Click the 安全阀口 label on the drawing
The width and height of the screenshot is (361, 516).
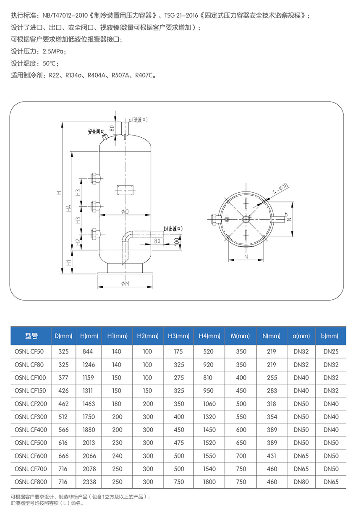point(96,131)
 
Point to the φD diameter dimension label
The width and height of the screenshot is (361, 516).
point(125,212)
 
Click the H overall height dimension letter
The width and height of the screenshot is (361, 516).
point(59,193)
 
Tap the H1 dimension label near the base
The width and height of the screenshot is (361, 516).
point(69,263)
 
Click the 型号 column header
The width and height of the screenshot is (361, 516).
point(31,336)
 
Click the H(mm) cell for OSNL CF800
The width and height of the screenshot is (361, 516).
point(89,482)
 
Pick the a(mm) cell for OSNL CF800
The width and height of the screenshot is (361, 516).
point(301,482)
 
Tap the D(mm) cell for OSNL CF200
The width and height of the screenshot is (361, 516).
point(63,403)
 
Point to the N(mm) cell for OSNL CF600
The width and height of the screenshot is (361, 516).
point(272,456)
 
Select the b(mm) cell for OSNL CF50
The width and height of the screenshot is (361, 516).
point(331,351)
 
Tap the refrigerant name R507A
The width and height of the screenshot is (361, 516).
point(119,76)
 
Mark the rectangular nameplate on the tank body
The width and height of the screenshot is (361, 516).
point(125,190)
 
